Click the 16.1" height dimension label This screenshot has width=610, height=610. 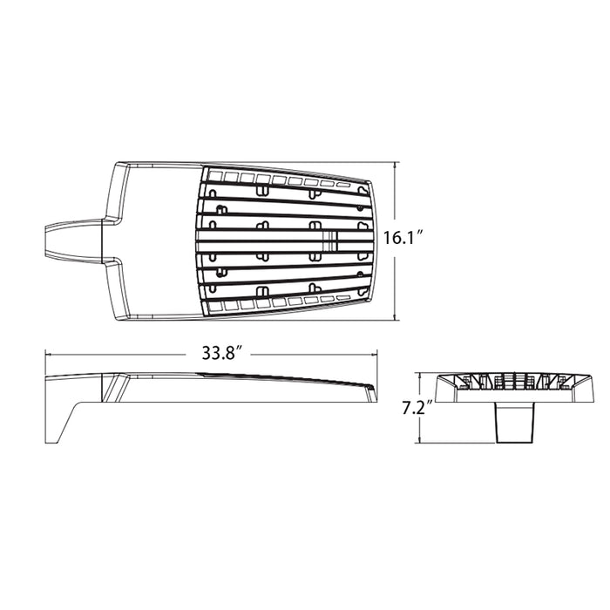[x=403, y=236]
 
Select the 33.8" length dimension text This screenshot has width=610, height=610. [x=220, y=353]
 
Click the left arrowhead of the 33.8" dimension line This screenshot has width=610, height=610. [x=49, y=354]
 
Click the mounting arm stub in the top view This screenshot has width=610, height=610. [x=74, y=240]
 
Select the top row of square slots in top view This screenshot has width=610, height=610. [x=279, y=180]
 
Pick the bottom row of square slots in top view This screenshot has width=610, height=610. [x=279, y=302]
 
